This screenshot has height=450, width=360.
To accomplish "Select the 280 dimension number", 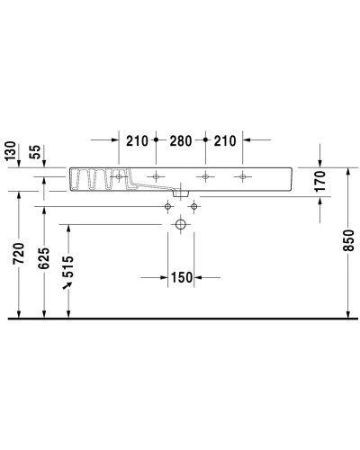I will coord(181,141).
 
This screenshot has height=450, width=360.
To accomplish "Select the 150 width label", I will coord(181,276).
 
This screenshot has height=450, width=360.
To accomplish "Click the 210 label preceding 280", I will coord(137,141).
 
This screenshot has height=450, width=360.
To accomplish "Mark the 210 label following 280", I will coord(225,141).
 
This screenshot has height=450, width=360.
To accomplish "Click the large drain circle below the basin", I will coord(181,224).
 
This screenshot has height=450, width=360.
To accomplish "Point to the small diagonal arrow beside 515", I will coord(66,286).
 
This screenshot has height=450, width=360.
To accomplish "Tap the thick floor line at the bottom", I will coord(180,319).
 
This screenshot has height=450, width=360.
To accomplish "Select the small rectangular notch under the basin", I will coord(181,192).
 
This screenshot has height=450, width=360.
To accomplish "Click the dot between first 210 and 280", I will coord(157,141).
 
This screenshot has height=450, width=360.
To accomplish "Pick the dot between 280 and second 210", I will coord(206,141).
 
